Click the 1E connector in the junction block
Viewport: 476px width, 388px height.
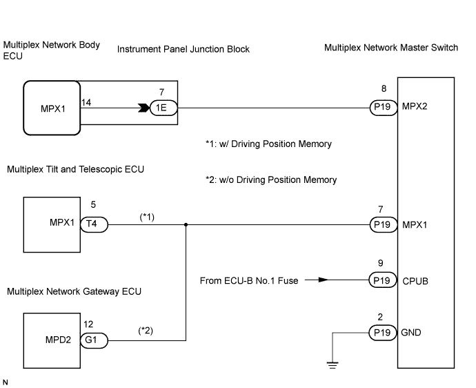[x=163, y=108]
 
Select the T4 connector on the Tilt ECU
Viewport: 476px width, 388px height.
[x=92, y=224]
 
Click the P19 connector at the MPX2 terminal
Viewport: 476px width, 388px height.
[x=381, y=108]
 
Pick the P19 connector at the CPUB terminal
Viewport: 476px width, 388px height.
[x=381, y=281]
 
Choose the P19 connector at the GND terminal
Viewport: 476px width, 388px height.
[x=381, y=331]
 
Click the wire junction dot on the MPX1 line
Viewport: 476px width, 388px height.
[x=186, y=224]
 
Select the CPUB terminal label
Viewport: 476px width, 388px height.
[x=415, y=281]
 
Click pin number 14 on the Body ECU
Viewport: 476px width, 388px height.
[x=86, y=102]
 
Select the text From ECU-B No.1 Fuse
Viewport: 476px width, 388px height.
[x=246, y=280]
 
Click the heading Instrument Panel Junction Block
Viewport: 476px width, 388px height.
[x=184, y=50]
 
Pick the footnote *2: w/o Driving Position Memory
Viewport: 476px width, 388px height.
[x=271, y=180]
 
